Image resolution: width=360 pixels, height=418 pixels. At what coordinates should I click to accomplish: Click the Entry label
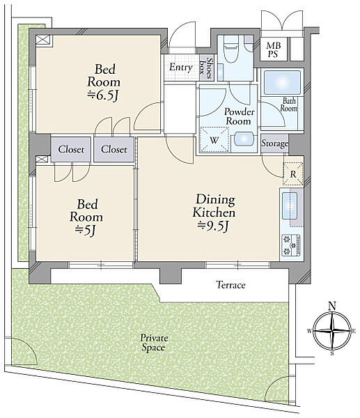(x=180, y=67)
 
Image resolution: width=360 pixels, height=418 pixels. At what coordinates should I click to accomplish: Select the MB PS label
(x=273, y=49)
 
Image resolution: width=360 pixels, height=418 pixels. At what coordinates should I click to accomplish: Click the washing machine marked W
(x=214, y=140)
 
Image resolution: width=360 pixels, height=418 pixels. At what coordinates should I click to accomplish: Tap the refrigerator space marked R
(x=293, y=173)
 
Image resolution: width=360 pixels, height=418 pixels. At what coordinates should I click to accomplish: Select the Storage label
(x=274, y=144)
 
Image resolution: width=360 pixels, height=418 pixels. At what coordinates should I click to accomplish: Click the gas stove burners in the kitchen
(x=291, y=245)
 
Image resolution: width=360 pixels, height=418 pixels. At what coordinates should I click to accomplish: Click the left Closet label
(x=71, y=149)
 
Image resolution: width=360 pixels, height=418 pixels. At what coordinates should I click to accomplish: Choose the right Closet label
(x=114, y=149)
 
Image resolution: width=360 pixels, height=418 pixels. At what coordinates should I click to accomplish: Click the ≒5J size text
(x=85, y=230)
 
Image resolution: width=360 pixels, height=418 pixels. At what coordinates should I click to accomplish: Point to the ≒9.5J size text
(x=213, y=226)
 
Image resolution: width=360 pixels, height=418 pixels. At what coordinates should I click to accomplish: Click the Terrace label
(x=230, y=285)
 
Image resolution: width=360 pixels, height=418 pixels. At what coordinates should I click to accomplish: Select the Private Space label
(x=154, y=343)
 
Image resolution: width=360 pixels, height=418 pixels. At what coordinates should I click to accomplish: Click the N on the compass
(x=332, y=306)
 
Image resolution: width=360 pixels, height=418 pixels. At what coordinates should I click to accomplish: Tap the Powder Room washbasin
(x=244, y=139)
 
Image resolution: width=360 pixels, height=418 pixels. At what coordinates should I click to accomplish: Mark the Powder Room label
(x=239, y=116)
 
